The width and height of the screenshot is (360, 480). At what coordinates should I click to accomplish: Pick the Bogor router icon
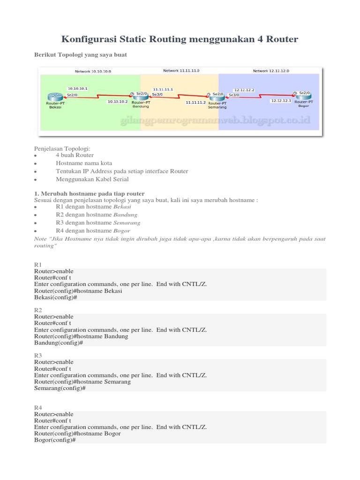tap(303, 95)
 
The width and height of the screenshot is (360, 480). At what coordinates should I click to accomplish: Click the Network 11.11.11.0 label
tap(181, 71)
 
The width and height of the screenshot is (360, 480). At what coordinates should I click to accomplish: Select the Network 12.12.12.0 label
tap(271, 71)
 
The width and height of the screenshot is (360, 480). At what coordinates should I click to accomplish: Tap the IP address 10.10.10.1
tap(77, 88)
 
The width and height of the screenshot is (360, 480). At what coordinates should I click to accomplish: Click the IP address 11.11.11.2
tap(196, 102)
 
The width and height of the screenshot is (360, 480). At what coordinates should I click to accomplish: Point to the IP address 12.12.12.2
tap(244, 89)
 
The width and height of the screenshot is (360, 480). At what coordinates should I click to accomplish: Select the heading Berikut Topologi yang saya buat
tap(81, 55)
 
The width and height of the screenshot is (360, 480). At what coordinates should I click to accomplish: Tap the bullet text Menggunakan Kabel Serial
tap(92, 179)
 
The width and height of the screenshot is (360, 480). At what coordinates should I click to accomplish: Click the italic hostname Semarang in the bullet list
tap(127, 223)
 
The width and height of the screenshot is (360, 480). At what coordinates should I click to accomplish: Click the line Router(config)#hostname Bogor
tap(77, 434)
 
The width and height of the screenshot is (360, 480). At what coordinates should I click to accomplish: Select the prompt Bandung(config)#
tap(59, 343)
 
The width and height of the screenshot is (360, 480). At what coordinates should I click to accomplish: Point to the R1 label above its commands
tap(38, 265)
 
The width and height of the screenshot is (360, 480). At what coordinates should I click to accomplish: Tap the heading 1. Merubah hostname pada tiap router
tap(90, 194)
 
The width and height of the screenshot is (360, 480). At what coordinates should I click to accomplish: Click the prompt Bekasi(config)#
tap(55, 297)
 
